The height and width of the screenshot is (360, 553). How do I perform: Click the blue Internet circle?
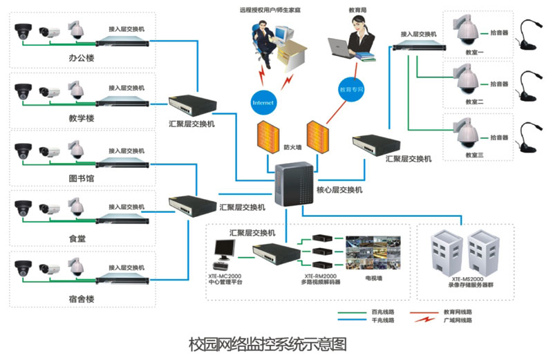click(x=263, y=102)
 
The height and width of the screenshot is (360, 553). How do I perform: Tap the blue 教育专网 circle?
click(x=350, y=90)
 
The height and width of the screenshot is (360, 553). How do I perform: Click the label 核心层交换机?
click(x=339, y=189)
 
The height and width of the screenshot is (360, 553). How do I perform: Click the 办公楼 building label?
click(x=82, y=59)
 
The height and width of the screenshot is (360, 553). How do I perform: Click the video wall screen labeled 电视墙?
click(x=373, y=252)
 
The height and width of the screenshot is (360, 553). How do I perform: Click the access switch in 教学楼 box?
click(x=124, y=104)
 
